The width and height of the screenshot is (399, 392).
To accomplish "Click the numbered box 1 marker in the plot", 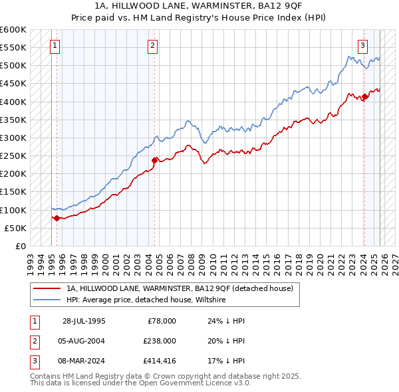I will [x=54, y=46].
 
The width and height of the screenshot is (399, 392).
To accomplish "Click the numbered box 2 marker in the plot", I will [x=153, y=46].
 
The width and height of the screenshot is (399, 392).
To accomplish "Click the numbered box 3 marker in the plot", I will [x=363, y=46].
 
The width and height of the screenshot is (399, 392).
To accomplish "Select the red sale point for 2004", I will [x=154, y=160].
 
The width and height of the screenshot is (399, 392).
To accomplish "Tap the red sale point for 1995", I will [x=57, y=217].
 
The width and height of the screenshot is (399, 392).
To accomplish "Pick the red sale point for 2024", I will [x=364, y=97].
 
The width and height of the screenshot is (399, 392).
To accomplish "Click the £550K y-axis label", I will [x=13, y=48].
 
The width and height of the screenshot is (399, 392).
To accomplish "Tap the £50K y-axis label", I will [x=16, y=228].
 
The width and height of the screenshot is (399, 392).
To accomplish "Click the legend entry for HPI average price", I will [x=146, y=300].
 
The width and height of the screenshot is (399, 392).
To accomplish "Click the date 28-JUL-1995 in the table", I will [x=84, y=321].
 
